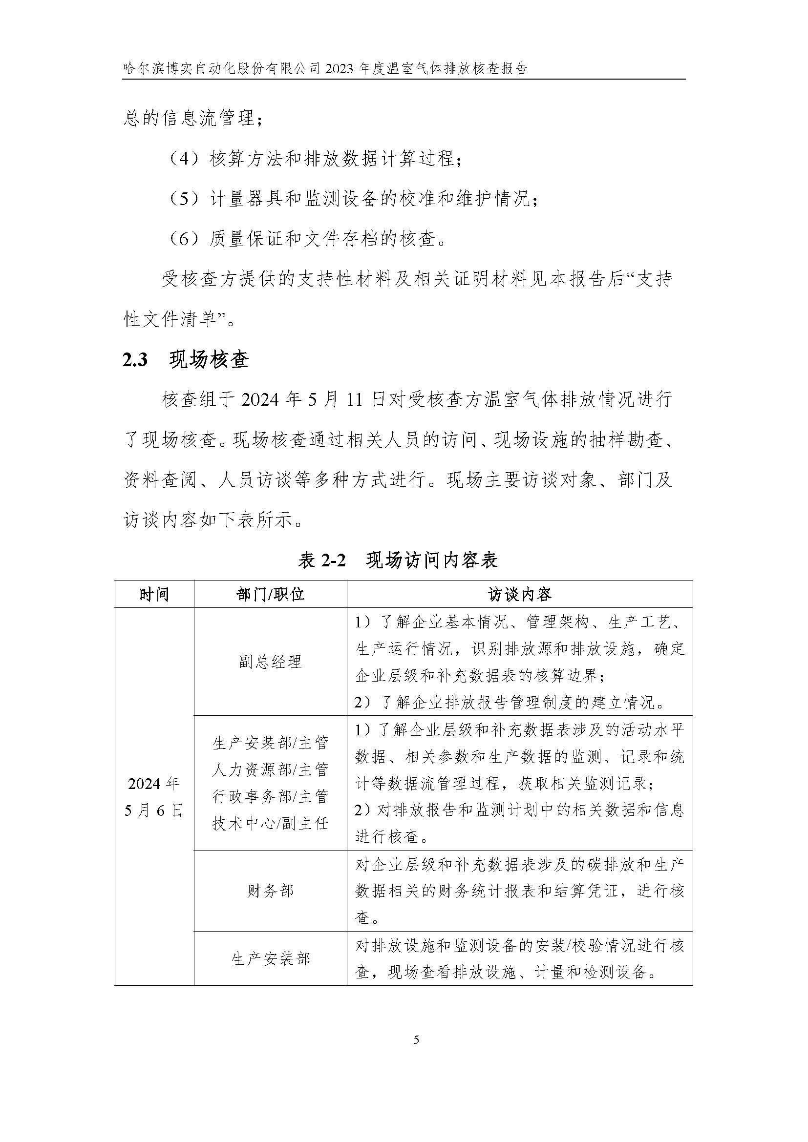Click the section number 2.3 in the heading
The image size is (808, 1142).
[135, 359]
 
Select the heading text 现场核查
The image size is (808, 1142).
[209, 359]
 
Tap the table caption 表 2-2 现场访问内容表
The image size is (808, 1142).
[398, 560]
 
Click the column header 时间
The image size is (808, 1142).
[154, 594]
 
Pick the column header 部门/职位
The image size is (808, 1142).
[270, 594]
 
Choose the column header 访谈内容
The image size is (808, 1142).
[519, 594]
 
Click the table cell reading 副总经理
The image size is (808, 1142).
[270, 662]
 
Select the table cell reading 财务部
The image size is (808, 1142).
[270, 891]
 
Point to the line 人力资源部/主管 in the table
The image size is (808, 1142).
[270, 770]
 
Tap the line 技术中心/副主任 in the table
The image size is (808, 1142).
[270, 824]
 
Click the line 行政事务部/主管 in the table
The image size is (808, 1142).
[270, 797]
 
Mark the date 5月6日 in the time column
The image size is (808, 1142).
[154, 811]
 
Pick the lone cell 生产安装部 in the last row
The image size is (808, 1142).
[270, 959]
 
